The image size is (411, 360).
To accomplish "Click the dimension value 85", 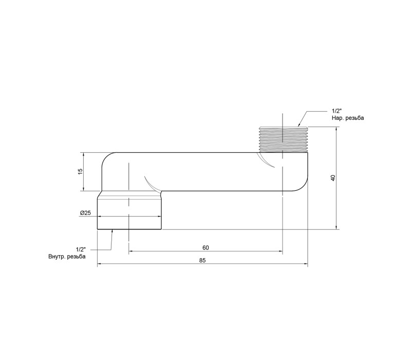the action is (202, 261).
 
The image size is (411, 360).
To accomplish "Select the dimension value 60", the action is (206, 248).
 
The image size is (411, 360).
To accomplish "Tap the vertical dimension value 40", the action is (333, 177).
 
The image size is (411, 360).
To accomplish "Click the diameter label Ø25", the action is (85, 213).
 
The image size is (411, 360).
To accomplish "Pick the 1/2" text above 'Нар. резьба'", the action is (337, 112).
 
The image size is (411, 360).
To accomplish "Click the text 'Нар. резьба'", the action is (348, 118).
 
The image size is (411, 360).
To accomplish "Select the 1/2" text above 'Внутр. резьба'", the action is (81, 249).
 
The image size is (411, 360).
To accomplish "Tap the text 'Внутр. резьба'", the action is (67, 257).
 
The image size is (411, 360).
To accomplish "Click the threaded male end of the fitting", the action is (284, 139).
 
